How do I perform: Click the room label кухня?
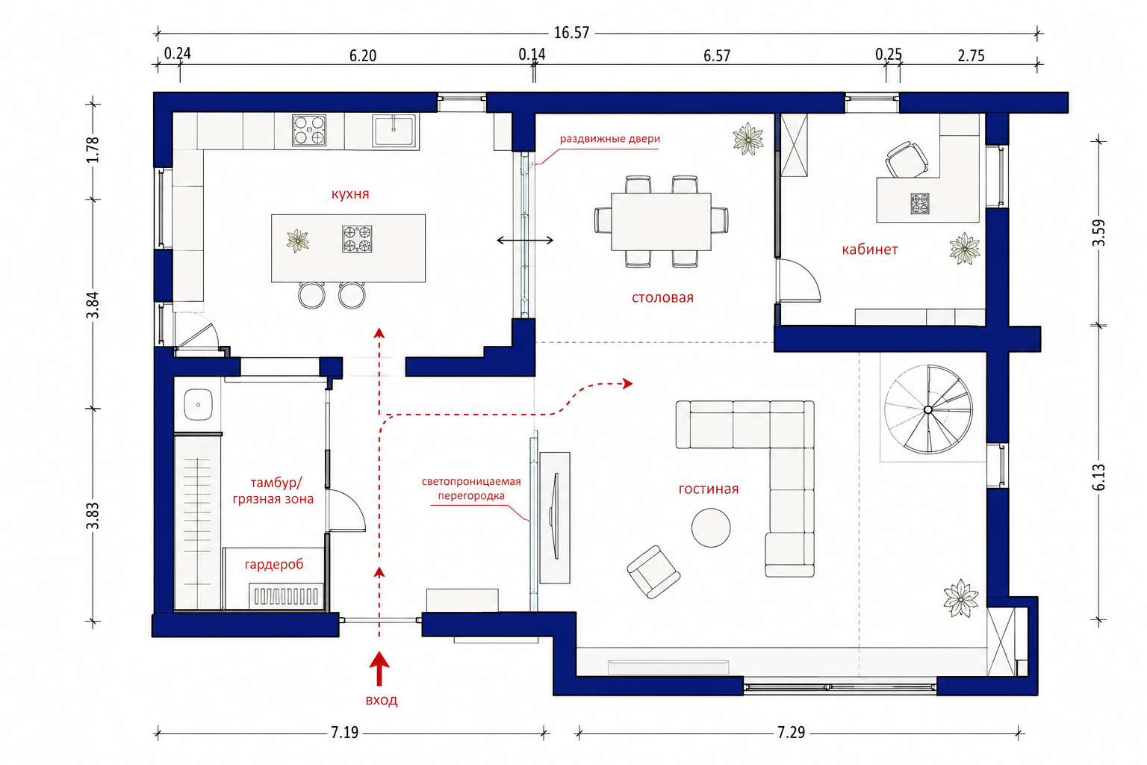349,194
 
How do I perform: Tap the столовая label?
662,297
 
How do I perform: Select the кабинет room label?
869,250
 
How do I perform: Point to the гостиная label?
708,489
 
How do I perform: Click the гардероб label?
274,565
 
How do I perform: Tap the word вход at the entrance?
382,701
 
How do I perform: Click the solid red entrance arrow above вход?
379,668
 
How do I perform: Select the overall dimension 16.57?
571,33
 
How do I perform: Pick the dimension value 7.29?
791,733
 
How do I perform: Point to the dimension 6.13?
1098,477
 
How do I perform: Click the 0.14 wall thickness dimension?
532,55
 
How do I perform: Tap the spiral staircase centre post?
928,410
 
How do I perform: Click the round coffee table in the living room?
711,527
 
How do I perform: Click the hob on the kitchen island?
357,239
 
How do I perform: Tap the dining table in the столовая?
661,221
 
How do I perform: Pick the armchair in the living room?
653,572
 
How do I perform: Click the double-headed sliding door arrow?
525,241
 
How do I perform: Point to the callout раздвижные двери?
609,139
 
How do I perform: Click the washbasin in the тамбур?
198,404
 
